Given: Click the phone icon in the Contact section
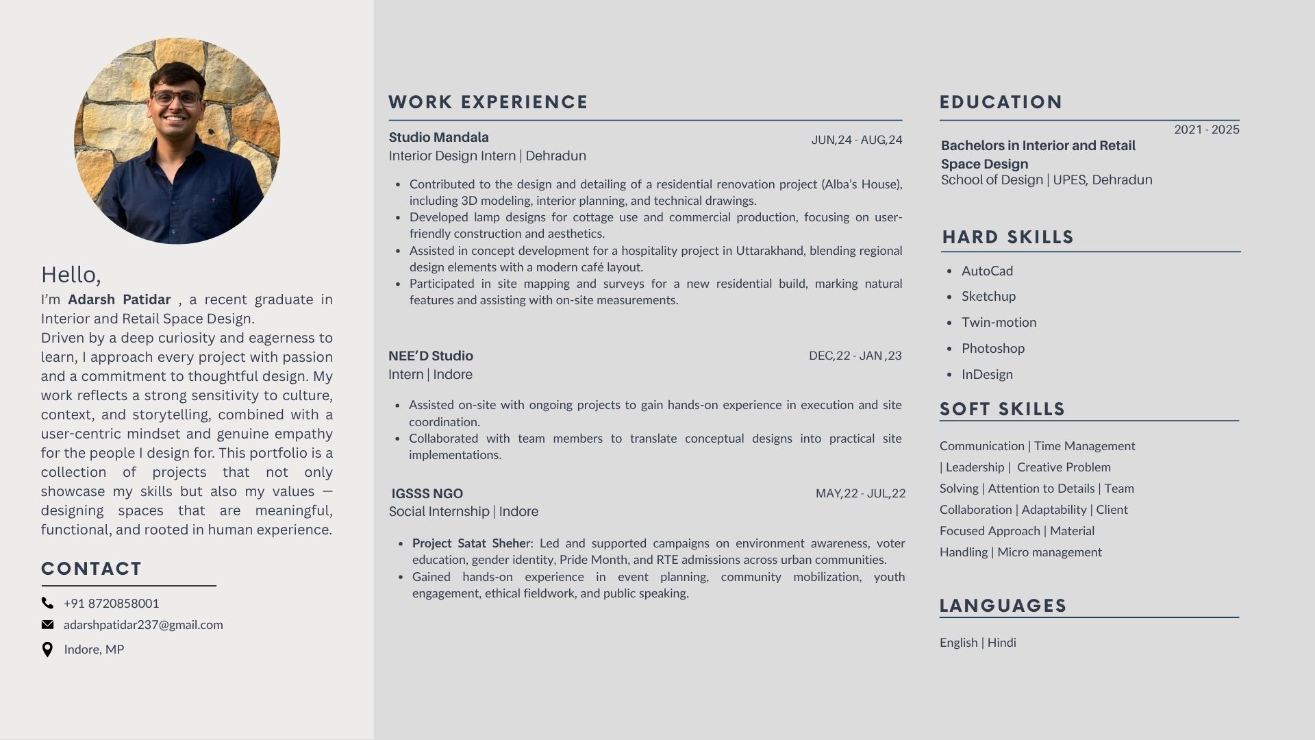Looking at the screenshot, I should tap(47, 603).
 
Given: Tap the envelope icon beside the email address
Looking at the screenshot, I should tap(47, 624).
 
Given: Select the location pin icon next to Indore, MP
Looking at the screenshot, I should tap(47, 650).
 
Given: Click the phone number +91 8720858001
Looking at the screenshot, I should tap(111, 603).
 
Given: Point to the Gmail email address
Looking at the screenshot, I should tap(143, 624).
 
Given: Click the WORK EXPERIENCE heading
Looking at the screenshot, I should tap(488, 102).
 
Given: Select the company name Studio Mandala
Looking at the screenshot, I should tap(438, 137).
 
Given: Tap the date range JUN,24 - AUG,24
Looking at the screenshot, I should tap(856, 140).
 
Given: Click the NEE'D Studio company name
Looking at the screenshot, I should tap(430, 356).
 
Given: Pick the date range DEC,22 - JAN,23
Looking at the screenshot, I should tap(855, 356).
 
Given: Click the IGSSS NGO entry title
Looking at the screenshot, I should tap(427, 493).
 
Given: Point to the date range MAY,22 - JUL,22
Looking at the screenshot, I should tap(860, 493).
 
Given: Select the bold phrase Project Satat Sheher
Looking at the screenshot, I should tap(471, 543).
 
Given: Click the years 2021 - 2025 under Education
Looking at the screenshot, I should tap(1206, 129).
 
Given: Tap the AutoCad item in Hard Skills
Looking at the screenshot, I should tap(987, 271).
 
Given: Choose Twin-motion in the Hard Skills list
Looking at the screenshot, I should tap(999, 322).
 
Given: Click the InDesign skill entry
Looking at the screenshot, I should tap(987, 374).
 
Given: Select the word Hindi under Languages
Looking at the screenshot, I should tap(1001, 642).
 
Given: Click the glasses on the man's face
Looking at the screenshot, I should tap(176, 98).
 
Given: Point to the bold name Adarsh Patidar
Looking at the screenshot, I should tap(119, 299).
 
